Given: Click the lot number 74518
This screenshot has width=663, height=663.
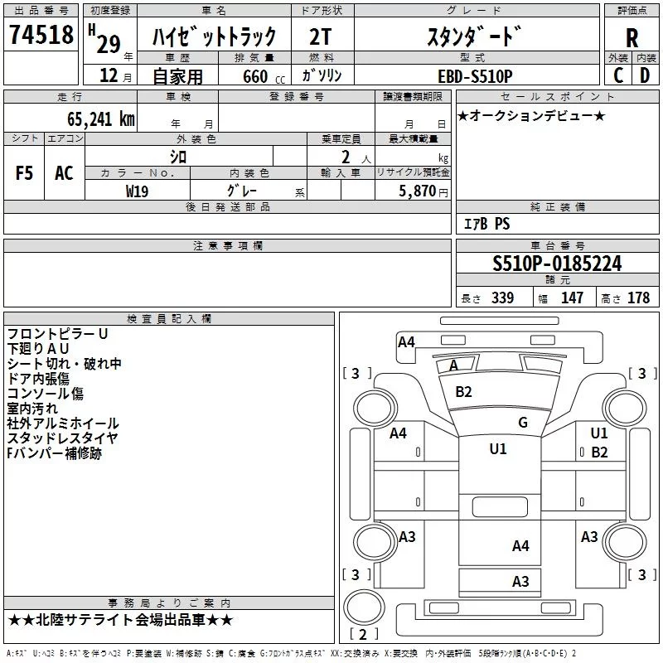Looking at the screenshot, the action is pyautogui.click(x=41, y=36).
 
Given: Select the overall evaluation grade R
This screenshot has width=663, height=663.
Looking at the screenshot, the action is pyautogui.click(x=632, y=37).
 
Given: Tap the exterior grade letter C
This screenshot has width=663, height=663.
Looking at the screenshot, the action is pyautogui.click(x=617, y=75).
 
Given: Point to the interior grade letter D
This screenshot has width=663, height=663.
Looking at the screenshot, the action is pyautogui.click(x=645, y=75).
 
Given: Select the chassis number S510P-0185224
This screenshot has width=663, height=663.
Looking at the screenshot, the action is pyautogui.click(x=557, y=264).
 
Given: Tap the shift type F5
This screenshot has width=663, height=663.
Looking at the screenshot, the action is pyautogui.click(x=25, y=173).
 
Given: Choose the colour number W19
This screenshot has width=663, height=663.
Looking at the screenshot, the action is pyautogui.click(x=138, y=191).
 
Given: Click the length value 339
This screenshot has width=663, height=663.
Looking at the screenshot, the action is pyautogui.click(x=502, y=298).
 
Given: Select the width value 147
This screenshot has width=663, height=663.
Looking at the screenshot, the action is pyautogui.click(x=572, y=298).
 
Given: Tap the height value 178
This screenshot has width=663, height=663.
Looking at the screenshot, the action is pyautogui.click(x=638, y=298).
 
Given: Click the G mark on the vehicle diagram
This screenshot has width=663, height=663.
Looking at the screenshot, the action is pyautogui.click(x=522, y=423).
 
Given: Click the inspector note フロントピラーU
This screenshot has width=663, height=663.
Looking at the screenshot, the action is pyautogui.click(x=57, y=334).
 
